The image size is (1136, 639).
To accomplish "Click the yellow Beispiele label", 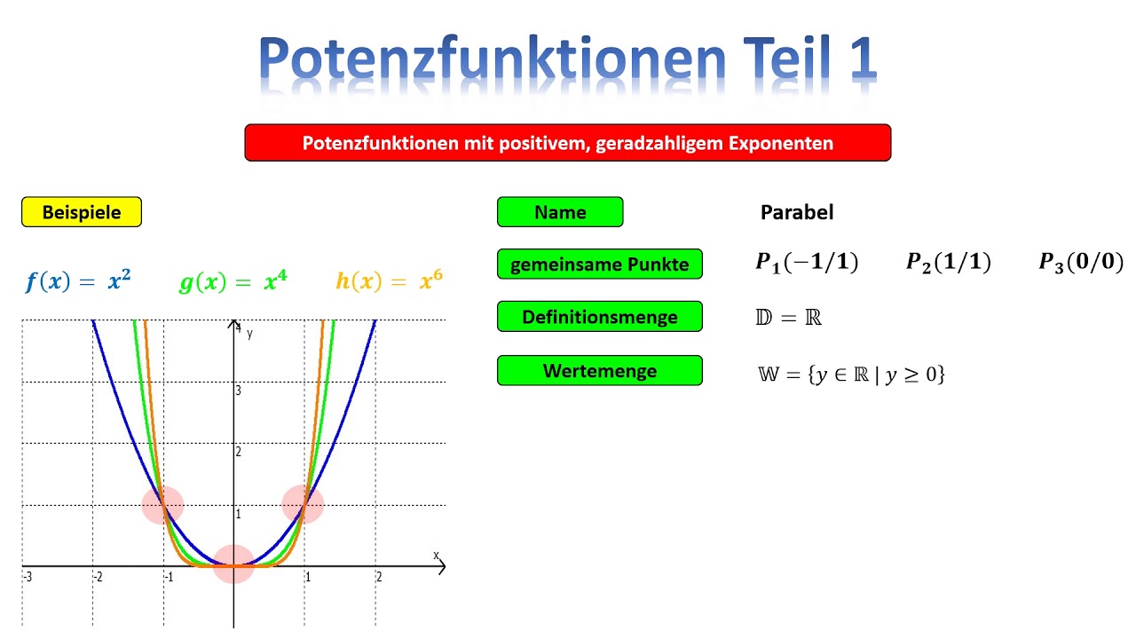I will click(82, 212).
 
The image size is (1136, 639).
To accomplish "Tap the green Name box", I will click(560, 212).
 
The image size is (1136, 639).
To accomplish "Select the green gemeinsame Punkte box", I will click(599, 264).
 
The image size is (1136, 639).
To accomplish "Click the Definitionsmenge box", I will click(599, 317).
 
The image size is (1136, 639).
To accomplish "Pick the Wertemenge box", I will click(599, 371).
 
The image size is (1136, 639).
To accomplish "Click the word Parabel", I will click(797, 212).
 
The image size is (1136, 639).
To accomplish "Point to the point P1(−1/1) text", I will click(807, 263).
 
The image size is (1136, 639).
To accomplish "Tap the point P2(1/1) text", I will click(948, 263).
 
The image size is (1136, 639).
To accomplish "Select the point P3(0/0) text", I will click(1081, 263).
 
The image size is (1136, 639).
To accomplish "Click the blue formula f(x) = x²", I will click(78, 282).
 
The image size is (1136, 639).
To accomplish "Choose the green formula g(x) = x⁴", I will click(233, 282).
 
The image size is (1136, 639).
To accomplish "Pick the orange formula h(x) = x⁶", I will click(389, 282).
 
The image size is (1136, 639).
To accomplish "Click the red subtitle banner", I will click(568, 143).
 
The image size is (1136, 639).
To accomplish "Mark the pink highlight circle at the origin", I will click(234, 564).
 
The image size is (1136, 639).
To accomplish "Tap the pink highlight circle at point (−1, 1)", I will click(163, 505).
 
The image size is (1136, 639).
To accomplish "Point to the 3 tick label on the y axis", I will click(238, 390).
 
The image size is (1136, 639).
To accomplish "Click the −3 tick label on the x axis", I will click(28, 577).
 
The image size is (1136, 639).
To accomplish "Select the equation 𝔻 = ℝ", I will click(788, 318).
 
